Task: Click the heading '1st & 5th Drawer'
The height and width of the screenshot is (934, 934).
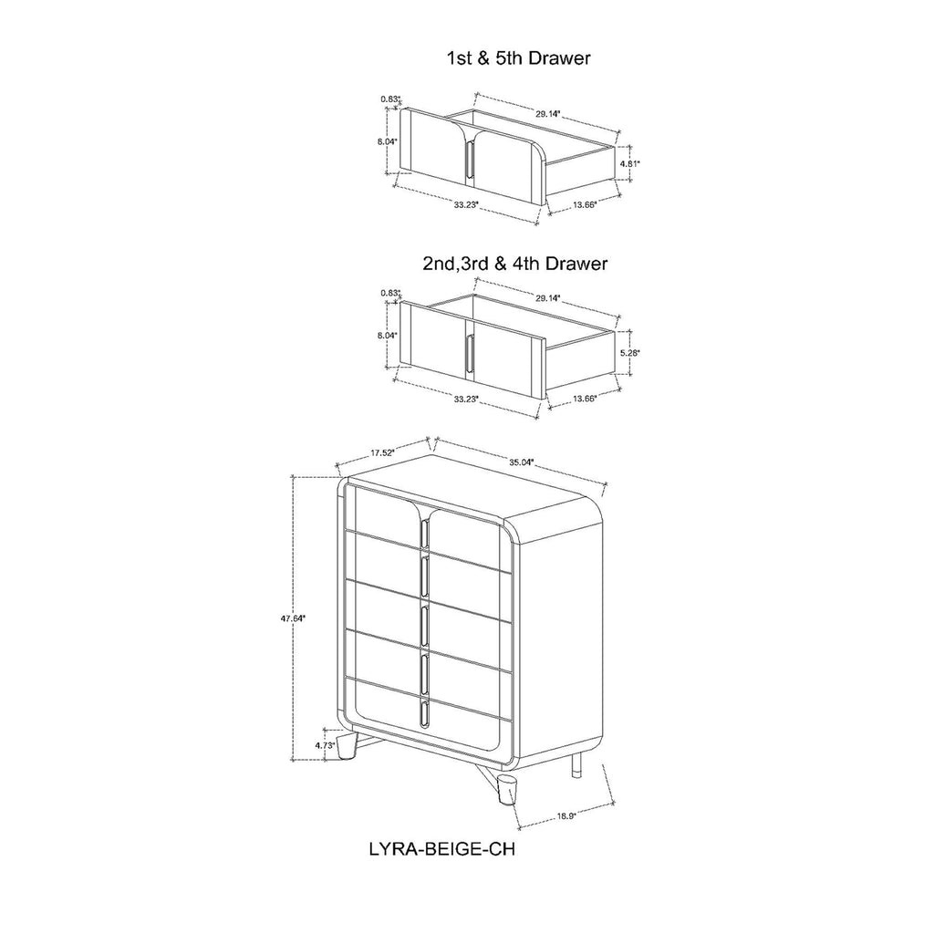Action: click(x=518, y=57)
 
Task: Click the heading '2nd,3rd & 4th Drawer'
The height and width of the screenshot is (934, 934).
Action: click(x=515, y=264)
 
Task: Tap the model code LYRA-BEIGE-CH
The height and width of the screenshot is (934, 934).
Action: click(x=442, y=849)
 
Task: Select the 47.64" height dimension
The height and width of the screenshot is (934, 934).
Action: click(x=293, y=618)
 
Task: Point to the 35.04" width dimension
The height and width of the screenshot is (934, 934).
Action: click(x=521, y=462)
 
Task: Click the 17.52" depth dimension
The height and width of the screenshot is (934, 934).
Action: click(x=383, y=452)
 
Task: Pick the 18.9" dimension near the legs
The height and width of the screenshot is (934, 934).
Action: click(x=566, y=816)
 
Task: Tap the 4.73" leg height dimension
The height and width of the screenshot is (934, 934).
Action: click(x=325, y=745)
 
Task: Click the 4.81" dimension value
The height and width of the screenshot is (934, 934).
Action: click(x=629, y=162)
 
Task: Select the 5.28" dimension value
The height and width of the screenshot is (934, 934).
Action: click(x=629, y=353)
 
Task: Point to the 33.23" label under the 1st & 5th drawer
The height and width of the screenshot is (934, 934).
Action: click(x=466, y=204)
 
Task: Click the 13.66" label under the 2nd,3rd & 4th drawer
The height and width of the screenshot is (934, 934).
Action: click(x=585, y=399)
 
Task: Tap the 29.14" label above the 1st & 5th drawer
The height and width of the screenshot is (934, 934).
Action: click(x=548, y=114)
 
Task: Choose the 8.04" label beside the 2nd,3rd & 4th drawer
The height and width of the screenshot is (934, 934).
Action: click(x=387, y=336)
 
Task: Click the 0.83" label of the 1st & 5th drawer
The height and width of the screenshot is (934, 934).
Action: click(x=390, y=99)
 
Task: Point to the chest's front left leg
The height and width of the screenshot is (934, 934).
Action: click(x=347, y=746)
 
